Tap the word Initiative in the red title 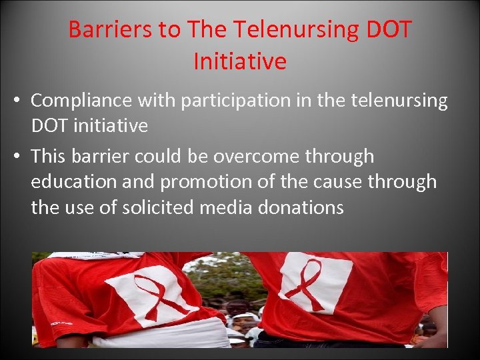pyautogui.click(x=240, y=61)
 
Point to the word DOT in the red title pyautogui.click(x=387, y=29)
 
